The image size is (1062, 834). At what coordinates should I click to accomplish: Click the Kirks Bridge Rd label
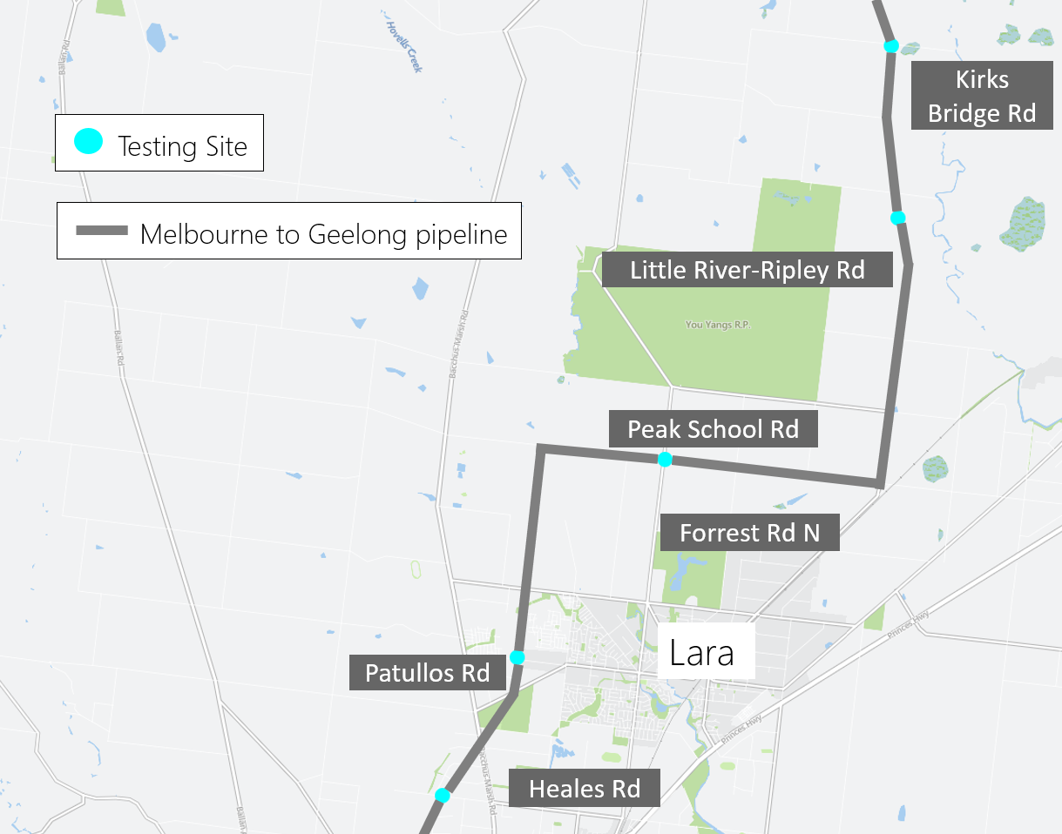coord(981,96)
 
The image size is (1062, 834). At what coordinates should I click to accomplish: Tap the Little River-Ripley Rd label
coord(747,270)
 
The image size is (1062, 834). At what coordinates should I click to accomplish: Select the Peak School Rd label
coord(713,429)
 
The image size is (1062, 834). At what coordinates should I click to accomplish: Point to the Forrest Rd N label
coord(749,532)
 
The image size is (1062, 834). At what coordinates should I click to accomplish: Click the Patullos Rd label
coord(427,673)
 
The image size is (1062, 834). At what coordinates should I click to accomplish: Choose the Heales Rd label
coord(585,789)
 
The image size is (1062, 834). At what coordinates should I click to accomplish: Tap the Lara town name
coord(701,652)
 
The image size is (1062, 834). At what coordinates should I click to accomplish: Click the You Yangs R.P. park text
coord(718,325)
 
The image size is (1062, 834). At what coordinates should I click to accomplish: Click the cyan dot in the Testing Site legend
coord(88,142)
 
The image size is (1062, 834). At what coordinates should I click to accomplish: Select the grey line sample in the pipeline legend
coord(101,232)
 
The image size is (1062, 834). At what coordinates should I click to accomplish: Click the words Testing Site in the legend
coord(182,145)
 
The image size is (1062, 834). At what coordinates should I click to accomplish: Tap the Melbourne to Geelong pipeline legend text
coord(323,234)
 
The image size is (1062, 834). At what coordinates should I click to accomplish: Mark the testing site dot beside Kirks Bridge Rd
coord(890,45)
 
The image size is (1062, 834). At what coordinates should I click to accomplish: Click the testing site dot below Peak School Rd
coord(665,460)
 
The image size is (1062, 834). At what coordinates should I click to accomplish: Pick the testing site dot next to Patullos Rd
coord(517,657)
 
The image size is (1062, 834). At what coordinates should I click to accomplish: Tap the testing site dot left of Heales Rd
coord(443,795)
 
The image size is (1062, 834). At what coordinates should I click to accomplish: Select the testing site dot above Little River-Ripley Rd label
coord(898,217)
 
